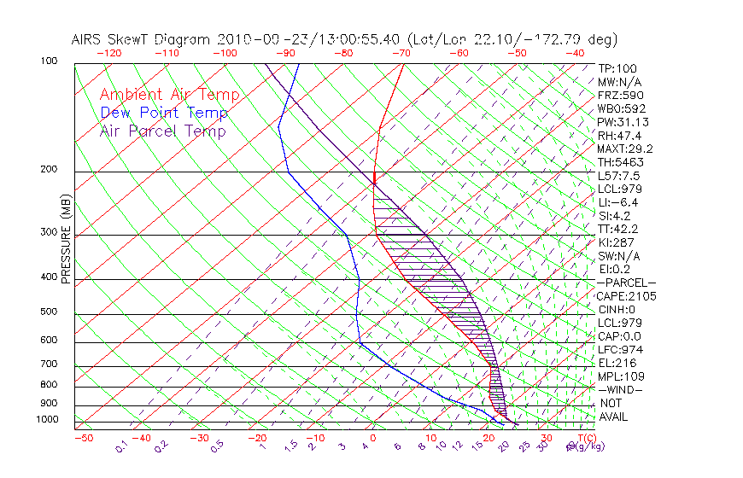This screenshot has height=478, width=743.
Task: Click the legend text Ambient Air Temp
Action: click(x=169, y=95)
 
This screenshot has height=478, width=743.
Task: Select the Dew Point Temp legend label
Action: click(x=163, y=113)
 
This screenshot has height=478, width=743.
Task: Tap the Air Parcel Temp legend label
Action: click(x=162, y=131)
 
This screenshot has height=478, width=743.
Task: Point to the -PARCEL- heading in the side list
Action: click(x=626, y=283)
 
